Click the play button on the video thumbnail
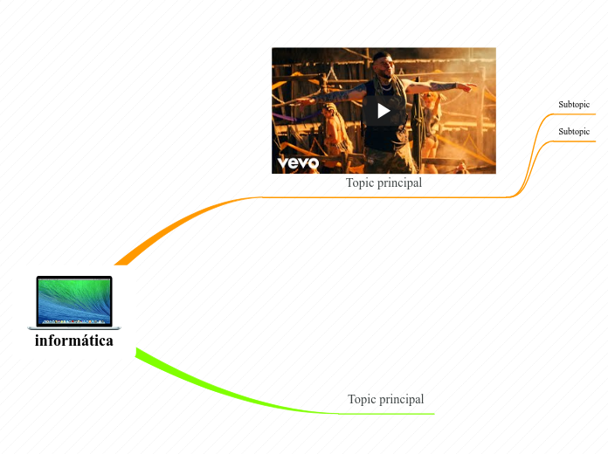(x=383, y=111)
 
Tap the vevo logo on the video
(x=298, y=162)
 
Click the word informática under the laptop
(x=74, y=340)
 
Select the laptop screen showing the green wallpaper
(x=74, y=300)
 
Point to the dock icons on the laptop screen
(x=74, y=321)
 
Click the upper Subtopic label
(x=574, y=105)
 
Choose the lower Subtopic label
(x=574, y=131)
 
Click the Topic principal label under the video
(x=383, y=183)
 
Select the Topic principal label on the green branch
(x=385, y=399)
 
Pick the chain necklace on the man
(x=385, y=87)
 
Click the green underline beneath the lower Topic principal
(x=384, y=413)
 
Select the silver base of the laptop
(x=74, y=327)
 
